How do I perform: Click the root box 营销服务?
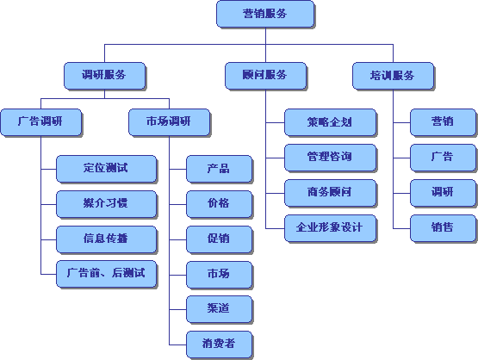(x=265, y=14)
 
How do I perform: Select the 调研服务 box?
(x=104, y=76)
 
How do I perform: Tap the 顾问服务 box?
(x=265, y=76)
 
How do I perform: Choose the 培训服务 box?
(x=393, y=76)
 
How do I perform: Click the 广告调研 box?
(x=41, y=122)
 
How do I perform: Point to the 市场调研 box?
(x=169, y=122)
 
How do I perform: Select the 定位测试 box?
(x=107, y=169)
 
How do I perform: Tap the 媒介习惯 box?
(x=107, y=204)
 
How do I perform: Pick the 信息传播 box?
(x=107, y=239)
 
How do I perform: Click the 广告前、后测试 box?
(x=107, y=274)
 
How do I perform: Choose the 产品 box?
(x=219, y=169)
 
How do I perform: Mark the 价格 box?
(x=219, y=204)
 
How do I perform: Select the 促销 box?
(x=219, y=239)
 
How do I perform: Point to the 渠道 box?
(x=219, y=309)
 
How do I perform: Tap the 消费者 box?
(x=219, y=344)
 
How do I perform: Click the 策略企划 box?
(x=330, y=122)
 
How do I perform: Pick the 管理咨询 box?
(x=330, y=158)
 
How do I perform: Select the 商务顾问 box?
(x=330, y=193)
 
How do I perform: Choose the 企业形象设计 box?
(x=330, y=228)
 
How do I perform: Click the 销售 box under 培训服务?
(x=443, y=228)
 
